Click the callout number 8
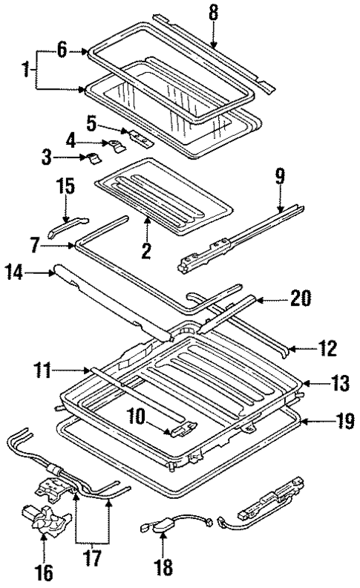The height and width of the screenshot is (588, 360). tap(213, 12)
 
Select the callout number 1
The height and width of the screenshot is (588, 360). tap(27, 71)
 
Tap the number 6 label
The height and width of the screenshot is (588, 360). tap(62, 50)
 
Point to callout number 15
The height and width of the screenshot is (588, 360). tap(66, 184)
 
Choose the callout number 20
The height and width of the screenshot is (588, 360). tap(300, 299)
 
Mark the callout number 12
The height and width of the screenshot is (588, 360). tap(327, 347)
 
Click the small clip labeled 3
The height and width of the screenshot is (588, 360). tap(92, 157)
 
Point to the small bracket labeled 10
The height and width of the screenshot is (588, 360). tap(183, 429)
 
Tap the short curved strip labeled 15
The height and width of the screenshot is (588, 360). tap(67, 227)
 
